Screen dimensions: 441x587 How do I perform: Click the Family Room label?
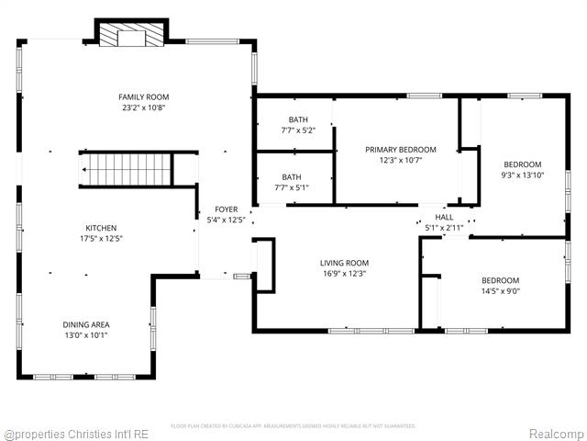coord(144,97)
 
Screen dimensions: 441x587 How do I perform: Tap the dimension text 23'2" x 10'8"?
coord(144,108)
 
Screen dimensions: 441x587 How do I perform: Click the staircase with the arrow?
coord(127,169)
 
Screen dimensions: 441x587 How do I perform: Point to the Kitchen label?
coord(101,228)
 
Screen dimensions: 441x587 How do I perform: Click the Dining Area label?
coord(86,324)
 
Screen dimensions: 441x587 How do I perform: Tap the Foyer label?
coord(226,209)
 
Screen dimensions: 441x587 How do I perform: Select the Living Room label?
coord(344,263)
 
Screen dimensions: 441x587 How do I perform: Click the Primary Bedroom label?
coord(401,150)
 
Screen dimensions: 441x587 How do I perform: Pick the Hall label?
coord(444,218)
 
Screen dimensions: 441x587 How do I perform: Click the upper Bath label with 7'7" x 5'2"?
coord(298,120)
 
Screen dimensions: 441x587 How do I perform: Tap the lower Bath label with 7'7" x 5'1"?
coord(292,177)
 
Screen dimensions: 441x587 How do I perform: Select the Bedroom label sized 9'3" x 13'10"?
coord(523,164)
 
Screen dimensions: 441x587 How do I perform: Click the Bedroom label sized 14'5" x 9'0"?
coord(501,281)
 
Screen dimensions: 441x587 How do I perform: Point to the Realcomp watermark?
coord(554,433)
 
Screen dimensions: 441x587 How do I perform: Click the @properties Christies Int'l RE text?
coord(76,433)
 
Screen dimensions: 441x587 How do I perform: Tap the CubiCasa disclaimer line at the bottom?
coord(293,426)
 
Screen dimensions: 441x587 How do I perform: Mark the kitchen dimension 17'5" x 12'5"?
coord(101,239)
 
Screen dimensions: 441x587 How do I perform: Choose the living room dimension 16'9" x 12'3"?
coord(344,274)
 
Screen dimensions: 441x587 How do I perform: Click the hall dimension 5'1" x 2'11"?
coord(444,228)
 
